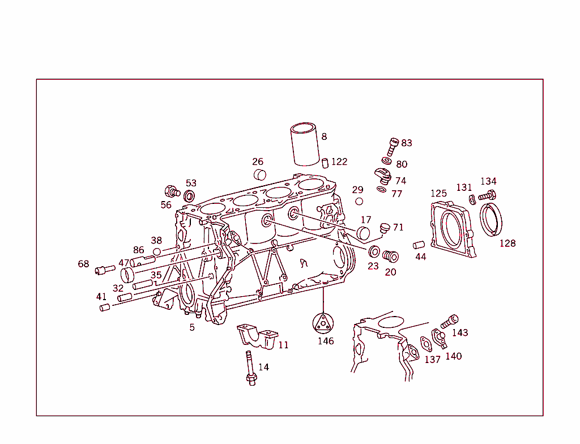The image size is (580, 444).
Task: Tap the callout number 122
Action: (339, 162)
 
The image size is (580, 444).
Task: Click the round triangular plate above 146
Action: (323, 323)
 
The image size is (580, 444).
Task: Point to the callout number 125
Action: (438, 194)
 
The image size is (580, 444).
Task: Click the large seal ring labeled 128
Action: (492, 220)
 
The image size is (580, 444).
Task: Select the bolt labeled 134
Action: (487, 196)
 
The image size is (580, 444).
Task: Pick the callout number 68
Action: (84, 264)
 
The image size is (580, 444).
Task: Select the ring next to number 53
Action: (189, 197)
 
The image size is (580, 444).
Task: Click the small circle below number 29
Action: (359, 201)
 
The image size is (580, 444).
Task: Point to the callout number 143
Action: (460, 333)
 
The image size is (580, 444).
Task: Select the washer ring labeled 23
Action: (374, 251)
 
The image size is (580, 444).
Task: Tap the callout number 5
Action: (192, 327)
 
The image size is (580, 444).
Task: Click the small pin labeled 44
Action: (419, 245)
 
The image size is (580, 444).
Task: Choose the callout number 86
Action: (139, 250)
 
